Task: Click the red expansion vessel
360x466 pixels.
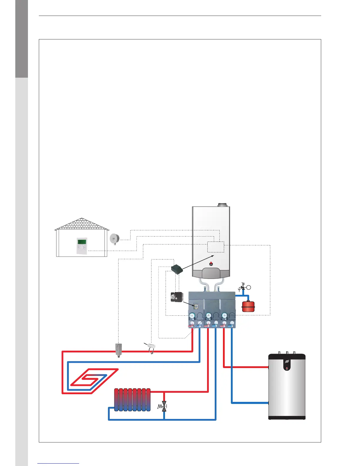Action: pos(248,306)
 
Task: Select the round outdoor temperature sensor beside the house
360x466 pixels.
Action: pos(114,239)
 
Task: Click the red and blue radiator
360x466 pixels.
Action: pos(132,400)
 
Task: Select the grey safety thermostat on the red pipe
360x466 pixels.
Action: pos(118,350)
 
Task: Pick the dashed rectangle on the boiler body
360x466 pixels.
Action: pos(216,247)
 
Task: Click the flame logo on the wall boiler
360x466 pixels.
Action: pos(211,264)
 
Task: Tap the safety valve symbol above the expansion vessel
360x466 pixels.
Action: pos(243,287)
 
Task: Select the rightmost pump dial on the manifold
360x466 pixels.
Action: pos(225,316)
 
